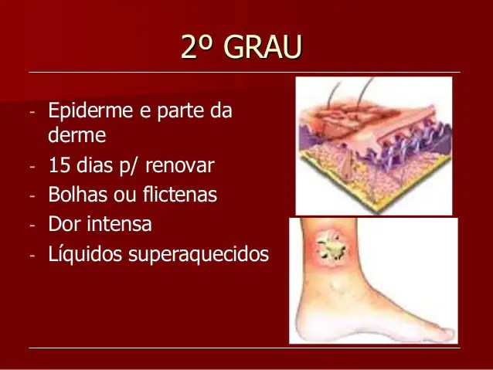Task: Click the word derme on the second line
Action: [76, 136]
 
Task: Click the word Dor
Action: [63, 224]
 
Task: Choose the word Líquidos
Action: [82, 254]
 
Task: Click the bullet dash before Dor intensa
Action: [32, 226]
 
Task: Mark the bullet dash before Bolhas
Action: [32, 196]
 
